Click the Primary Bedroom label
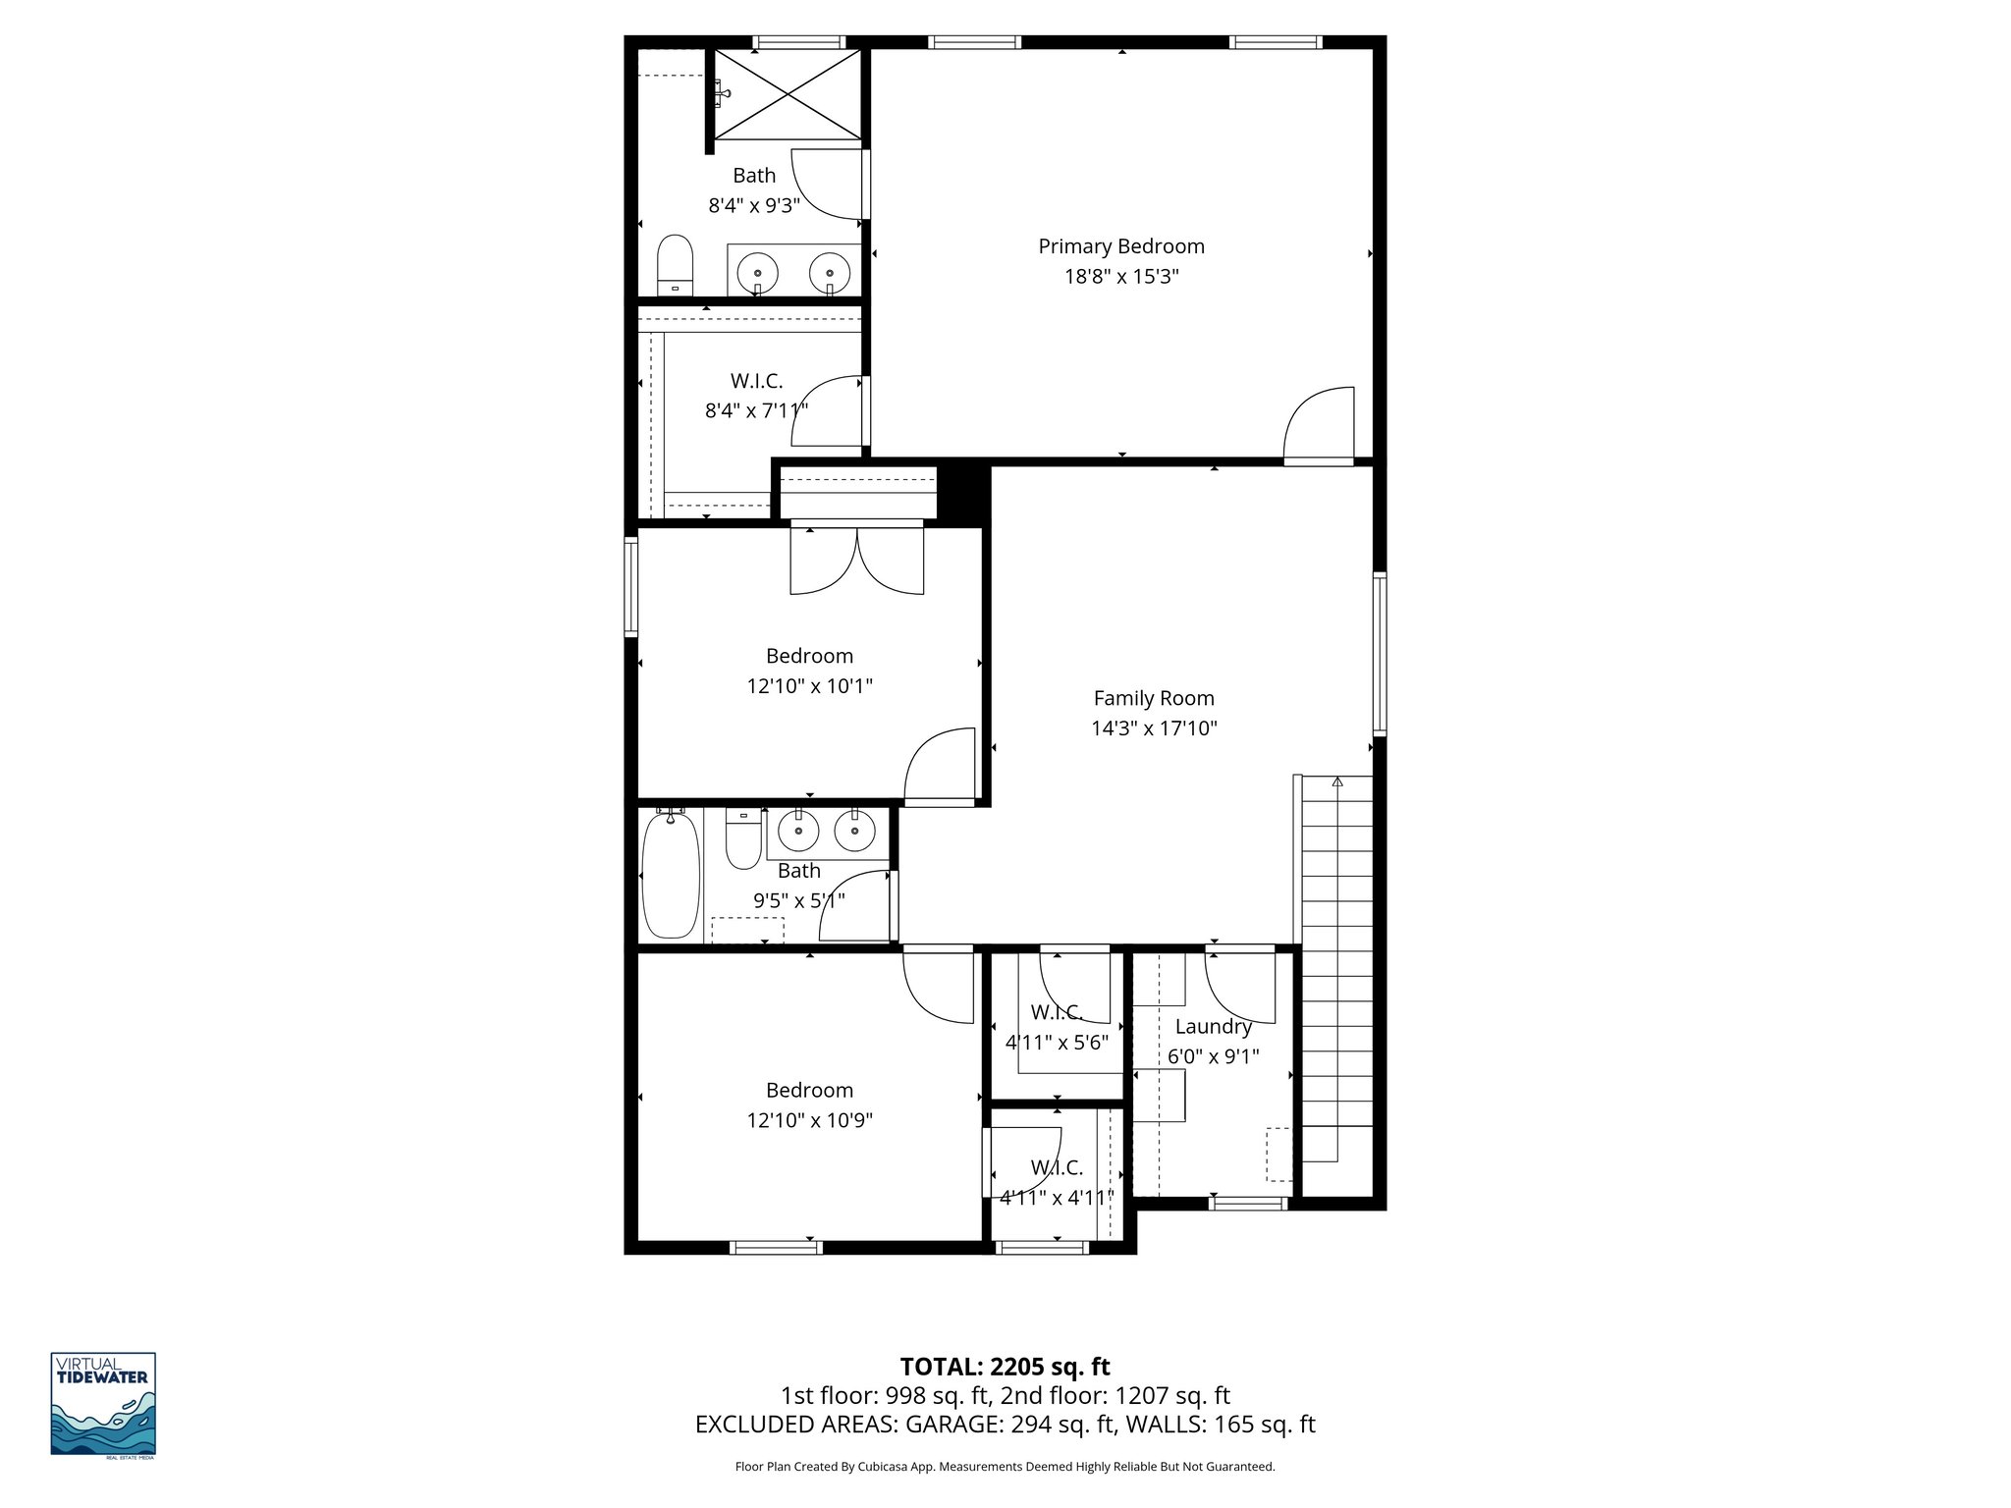coord(1121,246)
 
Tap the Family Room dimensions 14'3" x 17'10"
coord(1154,728)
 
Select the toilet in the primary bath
coord(675,264)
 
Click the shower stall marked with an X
coord(788,94)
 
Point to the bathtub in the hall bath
coord(671,874)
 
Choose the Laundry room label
coord(1213,1027)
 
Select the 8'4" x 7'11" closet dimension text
coord(756,410)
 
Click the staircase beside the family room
coord(1336,972)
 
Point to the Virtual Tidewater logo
coord(103,1403)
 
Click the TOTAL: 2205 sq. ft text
coord(1005,1367)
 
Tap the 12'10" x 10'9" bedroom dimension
coord(809,1120)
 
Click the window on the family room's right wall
coord(1379,654)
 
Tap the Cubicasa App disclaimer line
coord(1005,1467)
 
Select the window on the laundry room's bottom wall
coord(1247,1203)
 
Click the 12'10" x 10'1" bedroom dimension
coord(809,686)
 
